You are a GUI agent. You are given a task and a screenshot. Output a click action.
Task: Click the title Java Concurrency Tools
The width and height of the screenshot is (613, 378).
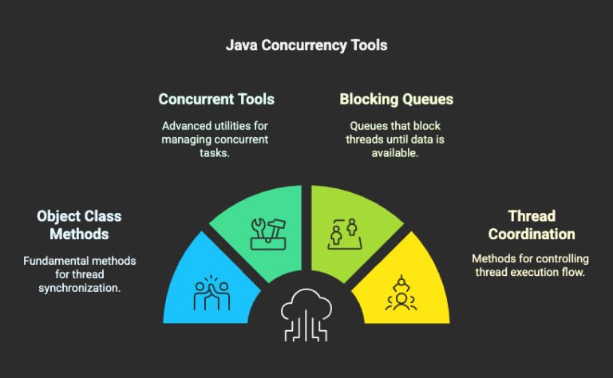[x=306, y=45]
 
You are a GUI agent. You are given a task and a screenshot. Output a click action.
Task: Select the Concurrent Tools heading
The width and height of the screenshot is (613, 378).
[x=216, y=100]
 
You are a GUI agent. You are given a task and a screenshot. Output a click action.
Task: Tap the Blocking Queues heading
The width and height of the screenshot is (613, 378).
[x=396, y=100]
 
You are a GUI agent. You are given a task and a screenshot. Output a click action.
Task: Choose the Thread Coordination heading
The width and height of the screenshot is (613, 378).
[x=532, y=225]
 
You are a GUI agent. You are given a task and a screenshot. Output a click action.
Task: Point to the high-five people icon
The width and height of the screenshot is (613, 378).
[x=211, y=294]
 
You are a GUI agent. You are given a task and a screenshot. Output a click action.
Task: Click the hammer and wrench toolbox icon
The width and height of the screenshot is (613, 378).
[x=264, y=234]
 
